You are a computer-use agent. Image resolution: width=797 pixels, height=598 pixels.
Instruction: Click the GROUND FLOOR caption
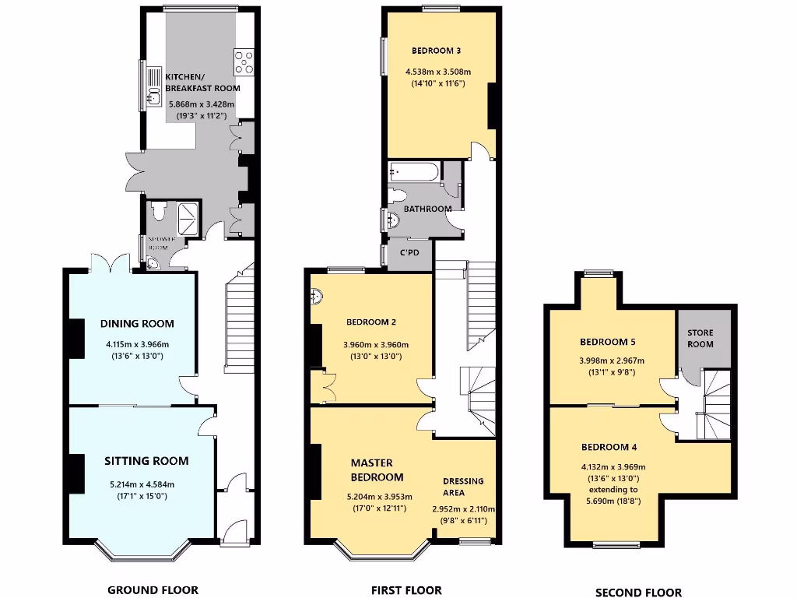click(153, 589)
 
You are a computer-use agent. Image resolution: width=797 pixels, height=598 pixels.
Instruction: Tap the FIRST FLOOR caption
click(406, 590)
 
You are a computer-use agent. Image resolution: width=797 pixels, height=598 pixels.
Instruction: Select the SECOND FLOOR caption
click(638, 592)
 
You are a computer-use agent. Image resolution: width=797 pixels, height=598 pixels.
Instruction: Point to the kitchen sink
click(153, 97)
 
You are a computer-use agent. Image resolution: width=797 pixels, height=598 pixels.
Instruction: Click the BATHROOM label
click(427, 209)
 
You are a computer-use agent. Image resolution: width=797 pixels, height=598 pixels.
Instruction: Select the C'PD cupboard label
click(409, 253)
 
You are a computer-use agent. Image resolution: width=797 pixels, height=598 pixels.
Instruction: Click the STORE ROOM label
click(700, 338)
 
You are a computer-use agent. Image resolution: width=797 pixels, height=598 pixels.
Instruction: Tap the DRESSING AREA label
click(463, 487)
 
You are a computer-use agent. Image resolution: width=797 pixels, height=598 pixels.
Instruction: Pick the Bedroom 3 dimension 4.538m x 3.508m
click(438, 72)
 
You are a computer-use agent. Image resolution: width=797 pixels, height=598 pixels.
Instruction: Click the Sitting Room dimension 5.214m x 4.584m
click(146, 484)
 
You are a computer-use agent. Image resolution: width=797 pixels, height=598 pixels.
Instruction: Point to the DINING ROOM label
click(137, 324)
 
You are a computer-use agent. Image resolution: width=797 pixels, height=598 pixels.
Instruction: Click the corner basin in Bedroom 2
click(317, 297)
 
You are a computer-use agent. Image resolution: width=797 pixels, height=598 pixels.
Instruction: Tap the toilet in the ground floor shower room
click(159, 211)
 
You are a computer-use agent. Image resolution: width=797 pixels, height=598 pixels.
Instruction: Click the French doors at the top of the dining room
click(110, 262)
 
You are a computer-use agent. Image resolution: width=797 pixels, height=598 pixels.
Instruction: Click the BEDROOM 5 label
click(609, 342)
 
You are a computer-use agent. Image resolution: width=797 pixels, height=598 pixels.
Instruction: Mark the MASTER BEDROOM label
click(377, 470)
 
